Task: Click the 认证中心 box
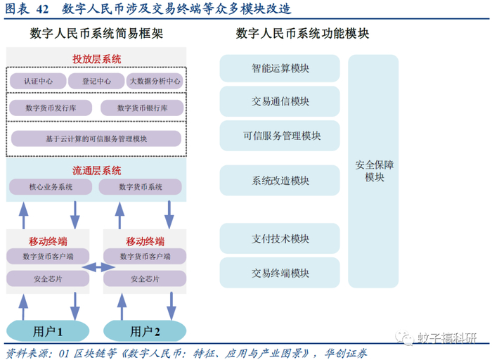point(38,81)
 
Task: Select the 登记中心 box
point(96,81)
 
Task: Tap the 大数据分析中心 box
point(155,81)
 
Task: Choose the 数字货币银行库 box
point(142,108)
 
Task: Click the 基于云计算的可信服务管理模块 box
point(96,138)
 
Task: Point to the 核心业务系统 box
point(51,187)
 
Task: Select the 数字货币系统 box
point(141,187)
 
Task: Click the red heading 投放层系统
point(96,58)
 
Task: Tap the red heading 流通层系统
point(96,171)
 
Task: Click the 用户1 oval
point(48,330)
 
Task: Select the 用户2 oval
point(145,330)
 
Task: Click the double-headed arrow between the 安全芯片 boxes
point(98,266)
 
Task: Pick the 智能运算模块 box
point(280,68)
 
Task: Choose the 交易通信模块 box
point(280,101)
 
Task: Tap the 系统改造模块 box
point(280,181)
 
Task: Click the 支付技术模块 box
point(280,238)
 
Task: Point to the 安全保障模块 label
point(374,171)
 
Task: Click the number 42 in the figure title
point(42,9)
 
